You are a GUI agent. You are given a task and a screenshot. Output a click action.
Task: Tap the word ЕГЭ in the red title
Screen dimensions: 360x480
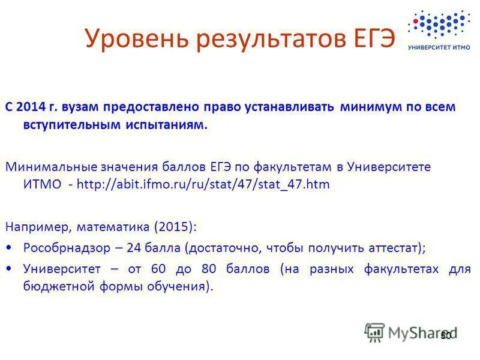click(x=374, y=39)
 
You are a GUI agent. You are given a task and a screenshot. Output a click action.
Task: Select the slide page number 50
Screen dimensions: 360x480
click(x=445, y=335)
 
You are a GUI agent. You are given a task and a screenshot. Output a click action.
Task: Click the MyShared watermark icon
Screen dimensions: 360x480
click(x=374, y=332)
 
